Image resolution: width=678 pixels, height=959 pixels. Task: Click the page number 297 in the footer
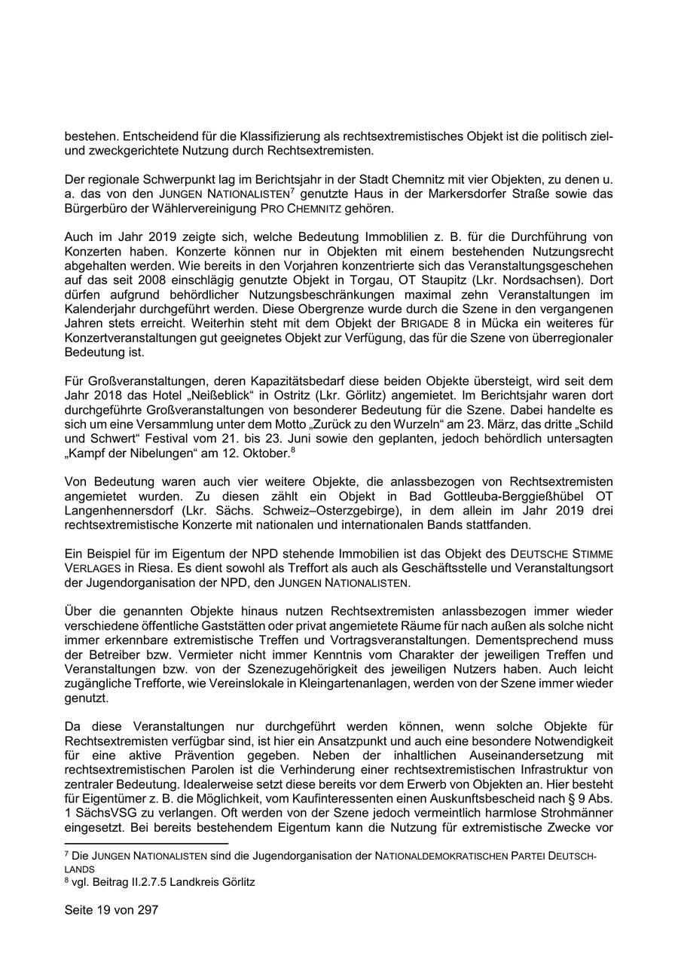148,910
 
